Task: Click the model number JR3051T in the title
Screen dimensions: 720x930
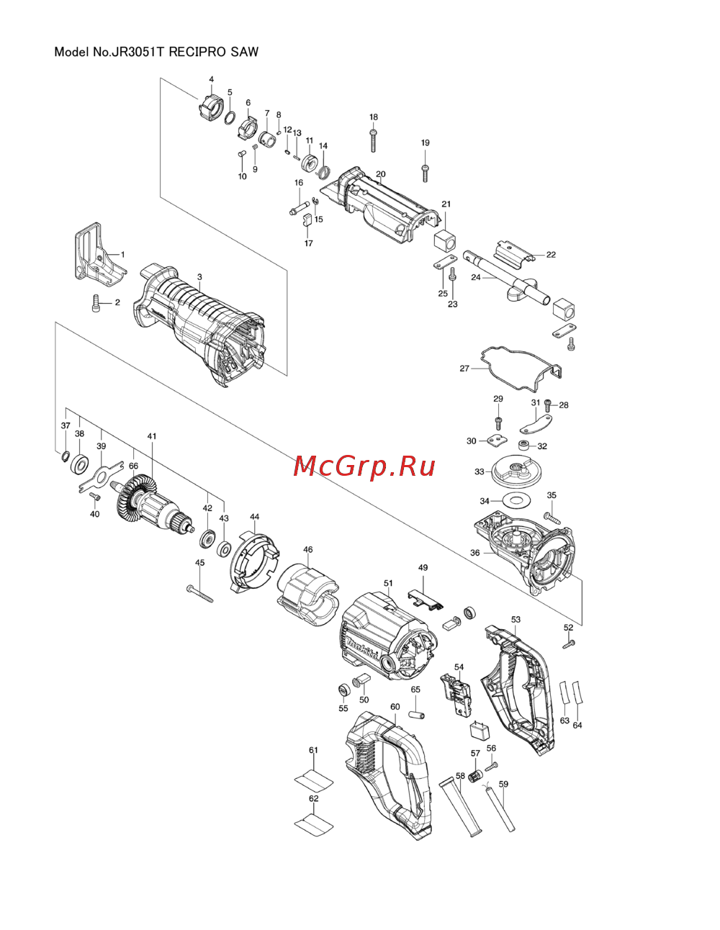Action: [136, 52]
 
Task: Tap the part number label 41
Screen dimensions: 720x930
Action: [152, 436]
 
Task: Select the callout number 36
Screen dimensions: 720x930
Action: [474, 553]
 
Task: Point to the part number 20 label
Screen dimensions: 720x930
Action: [381, 174]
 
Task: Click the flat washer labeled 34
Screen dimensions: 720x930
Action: [517, 500]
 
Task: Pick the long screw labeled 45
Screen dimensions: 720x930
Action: [200, 594]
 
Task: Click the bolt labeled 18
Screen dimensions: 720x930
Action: [373, 140]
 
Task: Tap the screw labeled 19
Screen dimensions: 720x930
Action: [425, 173]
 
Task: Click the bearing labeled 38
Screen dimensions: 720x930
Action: [80, 464]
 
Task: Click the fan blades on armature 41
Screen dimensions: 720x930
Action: [136, 502]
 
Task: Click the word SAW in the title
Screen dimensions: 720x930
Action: [245, 52]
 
